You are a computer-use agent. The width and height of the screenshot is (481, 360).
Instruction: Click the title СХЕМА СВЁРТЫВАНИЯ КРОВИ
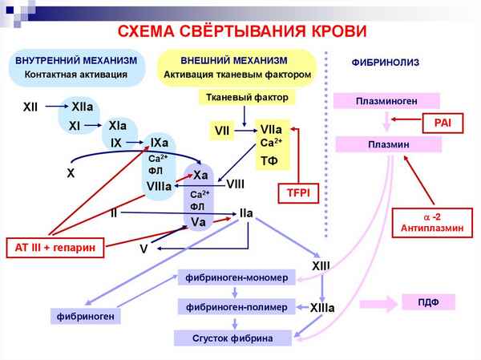242,31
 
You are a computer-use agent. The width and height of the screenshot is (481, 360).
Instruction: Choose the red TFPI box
298,193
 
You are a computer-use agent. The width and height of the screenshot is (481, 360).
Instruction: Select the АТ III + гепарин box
55,248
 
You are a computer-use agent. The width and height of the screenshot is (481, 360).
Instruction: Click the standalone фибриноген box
85,316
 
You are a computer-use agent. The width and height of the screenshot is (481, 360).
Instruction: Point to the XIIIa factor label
322,307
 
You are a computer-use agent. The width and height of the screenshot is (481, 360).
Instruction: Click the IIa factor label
246,213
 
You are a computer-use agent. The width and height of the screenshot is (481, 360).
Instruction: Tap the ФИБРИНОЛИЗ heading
386,62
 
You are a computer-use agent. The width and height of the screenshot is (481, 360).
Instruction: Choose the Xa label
200,175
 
